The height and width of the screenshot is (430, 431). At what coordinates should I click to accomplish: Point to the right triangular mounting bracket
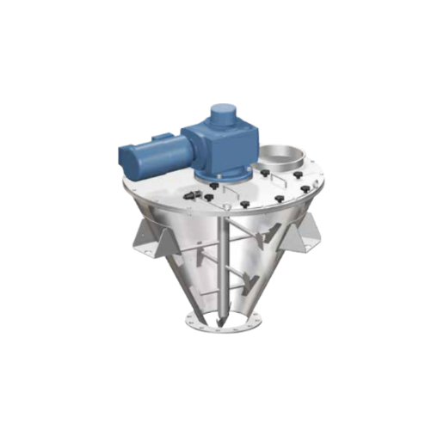(305, 230)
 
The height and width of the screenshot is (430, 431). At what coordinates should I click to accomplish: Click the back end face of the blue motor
(121, 159)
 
